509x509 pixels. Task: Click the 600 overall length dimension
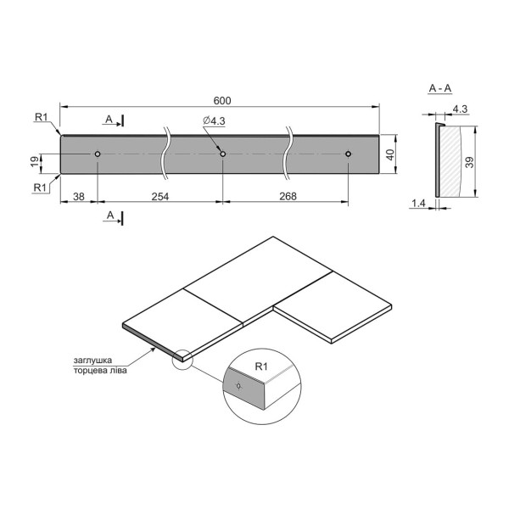click(x=222, y=101)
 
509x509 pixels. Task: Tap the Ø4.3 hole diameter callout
click(x=214, y=120)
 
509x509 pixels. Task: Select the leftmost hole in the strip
click(x=98, y=154)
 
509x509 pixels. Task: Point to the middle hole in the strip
click(x=222, y=154)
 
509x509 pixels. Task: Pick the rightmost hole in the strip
click(x=348, y=154)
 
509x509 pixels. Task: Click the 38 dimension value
click(x=79, y=197)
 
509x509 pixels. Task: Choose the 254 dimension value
click(x=160, y=197)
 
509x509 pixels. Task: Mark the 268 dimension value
click(x=288, y=196)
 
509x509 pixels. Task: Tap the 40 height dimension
click(x=390, y=154)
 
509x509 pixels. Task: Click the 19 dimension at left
click(x=35, y=161)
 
